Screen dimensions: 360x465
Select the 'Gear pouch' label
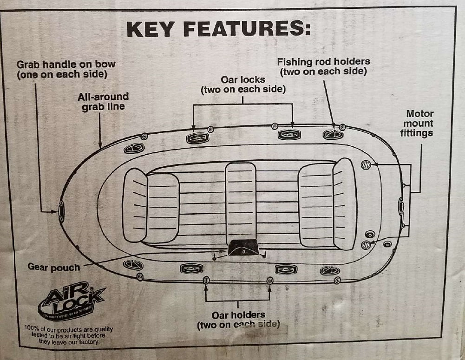click(x=53, y=267)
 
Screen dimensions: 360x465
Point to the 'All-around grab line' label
click(x=103, y=102)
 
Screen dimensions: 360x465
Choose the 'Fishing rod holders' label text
click(x=323, y=66)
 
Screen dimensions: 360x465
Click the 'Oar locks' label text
click(x=243, y=84)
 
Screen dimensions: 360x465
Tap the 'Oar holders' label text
click(x=238, y=320)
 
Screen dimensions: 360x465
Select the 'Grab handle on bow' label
click(x=65, y=69)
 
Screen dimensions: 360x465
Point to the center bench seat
click(x=241, y=202)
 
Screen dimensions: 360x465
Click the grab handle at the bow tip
click(x=61, y=212)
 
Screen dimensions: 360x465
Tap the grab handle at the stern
click(x=401, y=206)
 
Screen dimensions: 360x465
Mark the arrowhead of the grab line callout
click(x=100, y=145)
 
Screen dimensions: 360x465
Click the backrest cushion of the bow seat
click(x=135, y=205)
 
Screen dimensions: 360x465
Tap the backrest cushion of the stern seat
click(x=345, y=203)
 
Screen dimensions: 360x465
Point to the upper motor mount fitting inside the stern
click(x=366, y=165)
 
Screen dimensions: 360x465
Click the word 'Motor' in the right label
click(x=419, y=114)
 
